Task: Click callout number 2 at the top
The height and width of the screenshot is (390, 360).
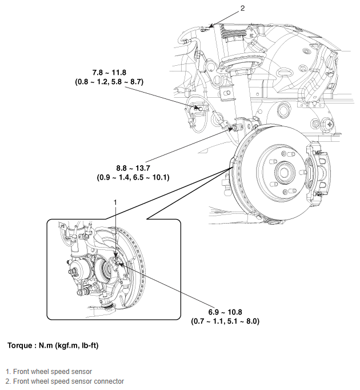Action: pyautogui.click(x=242, y=8)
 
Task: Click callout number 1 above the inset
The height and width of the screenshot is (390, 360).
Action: pyautogui.click(x=115, y=202)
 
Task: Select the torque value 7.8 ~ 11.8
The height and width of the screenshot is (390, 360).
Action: pyautogui.click(x=109, y=73)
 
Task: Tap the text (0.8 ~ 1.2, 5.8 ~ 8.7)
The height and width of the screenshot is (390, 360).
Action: pyautogui.click(x=109, y=82)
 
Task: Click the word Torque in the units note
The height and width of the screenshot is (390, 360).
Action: pyautogui.click(x=21, y=346)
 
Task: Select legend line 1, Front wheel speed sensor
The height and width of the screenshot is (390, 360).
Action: pyautogui.click(x=49, y=372)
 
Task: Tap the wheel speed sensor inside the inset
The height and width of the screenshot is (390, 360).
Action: pyautogui.click(x=117, y=262)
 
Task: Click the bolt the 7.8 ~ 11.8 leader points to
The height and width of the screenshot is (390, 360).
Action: pyautogui.click(x=201, y=107)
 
